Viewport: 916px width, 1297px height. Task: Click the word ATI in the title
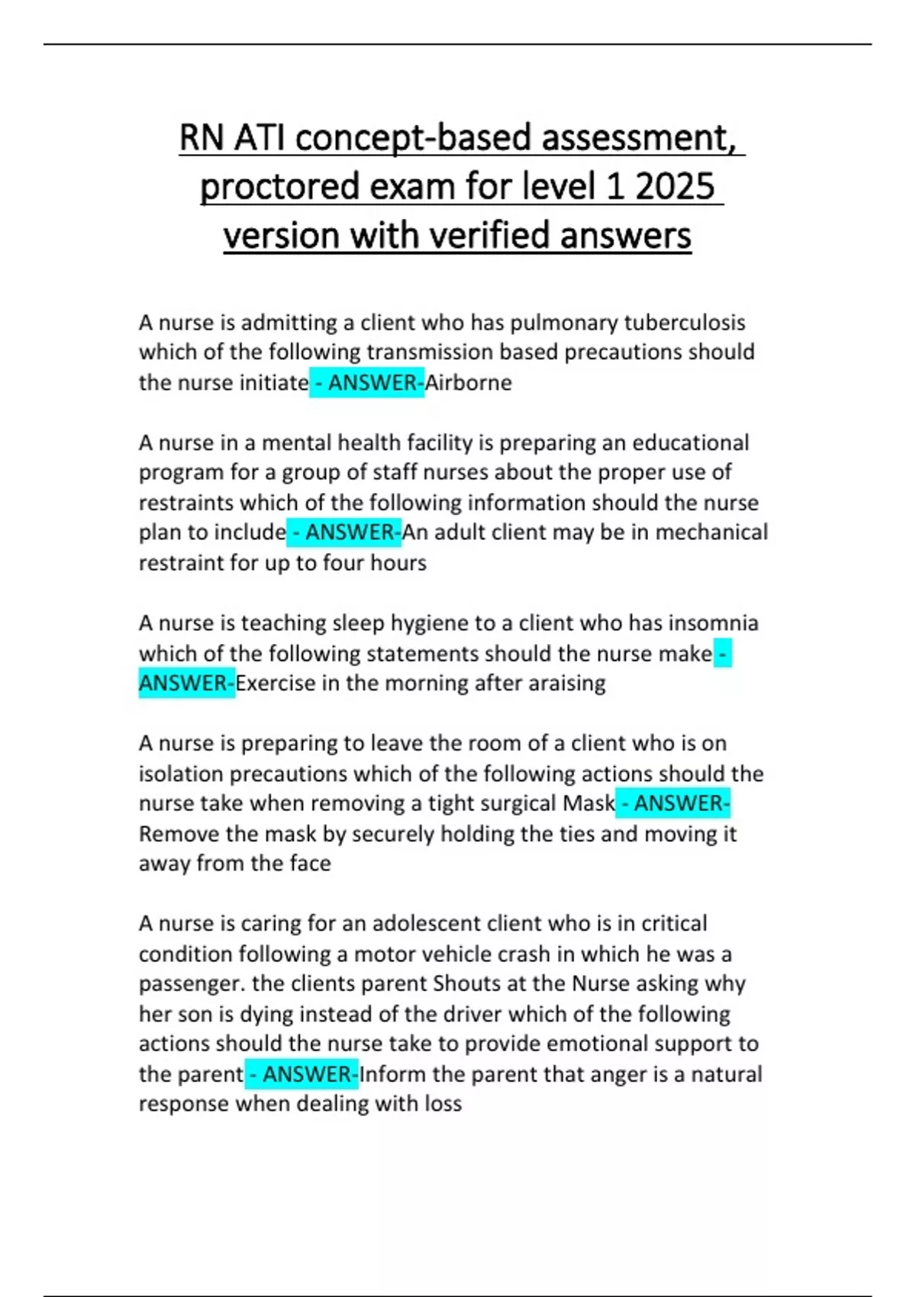(x=260, y=138)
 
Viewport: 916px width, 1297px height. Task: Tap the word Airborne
(x=468, y=382)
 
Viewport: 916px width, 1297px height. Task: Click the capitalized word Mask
(x=589, y=803)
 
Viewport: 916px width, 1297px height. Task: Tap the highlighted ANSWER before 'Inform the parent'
(x=309, y=1074)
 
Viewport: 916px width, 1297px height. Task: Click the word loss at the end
(x=443, y=1104)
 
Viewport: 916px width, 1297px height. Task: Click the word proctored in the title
(x=280, y=186)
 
